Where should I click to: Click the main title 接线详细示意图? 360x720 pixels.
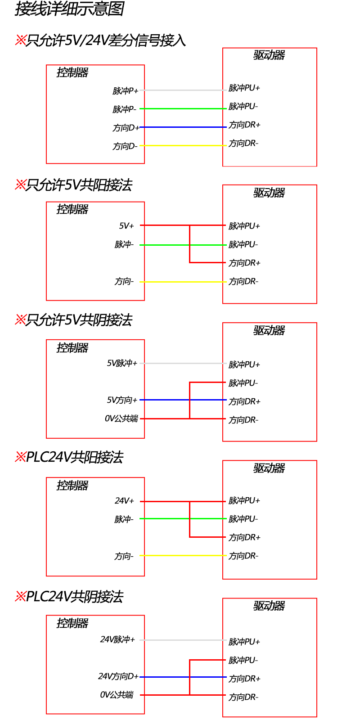coord(69,9)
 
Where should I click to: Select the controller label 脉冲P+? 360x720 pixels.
coord(126,91)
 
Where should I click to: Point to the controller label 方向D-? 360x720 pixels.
coord(125,147)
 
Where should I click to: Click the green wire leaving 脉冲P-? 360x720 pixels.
coord(183,108)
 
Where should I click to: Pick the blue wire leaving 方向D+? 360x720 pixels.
coord(183,127)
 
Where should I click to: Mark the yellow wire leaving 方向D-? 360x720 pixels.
coord(183,146)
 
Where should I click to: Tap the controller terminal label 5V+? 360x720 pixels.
coord(126,226)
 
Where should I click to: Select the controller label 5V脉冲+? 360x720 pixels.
coord(122,363)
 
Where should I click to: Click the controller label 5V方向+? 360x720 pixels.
coord(122,400)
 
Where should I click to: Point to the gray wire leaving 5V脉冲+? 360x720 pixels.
coord(183,363)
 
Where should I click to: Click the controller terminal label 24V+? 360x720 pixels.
coord(124,501)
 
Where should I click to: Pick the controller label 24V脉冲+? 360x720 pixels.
coord(117,639)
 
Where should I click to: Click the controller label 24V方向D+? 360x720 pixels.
coord(118,676)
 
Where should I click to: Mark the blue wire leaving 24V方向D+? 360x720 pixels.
coord(183,677)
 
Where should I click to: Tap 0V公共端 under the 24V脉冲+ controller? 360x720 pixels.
coord(117,695)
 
